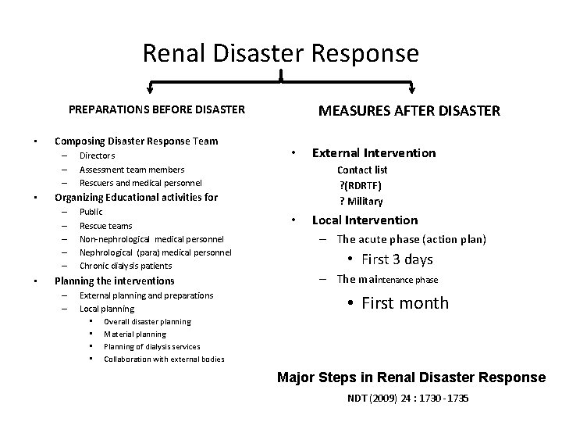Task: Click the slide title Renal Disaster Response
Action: coord(281,53)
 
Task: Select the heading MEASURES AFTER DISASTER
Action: coord(410,111)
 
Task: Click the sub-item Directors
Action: coord(98,156)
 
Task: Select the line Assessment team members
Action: coord(132,169)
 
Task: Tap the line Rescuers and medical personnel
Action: coord(140,183)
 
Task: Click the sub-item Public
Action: coord(91,212)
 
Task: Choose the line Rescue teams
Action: coord(106,226)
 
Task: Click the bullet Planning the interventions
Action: coord(114,281)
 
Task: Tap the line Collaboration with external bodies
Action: coord(164,359)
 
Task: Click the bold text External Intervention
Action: coord(374,152)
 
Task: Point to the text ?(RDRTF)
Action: coord(361,184)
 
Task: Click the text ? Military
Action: coord(362,201)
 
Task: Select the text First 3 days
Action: coord(397,259)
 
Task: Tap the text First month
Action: coord(405,303)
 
